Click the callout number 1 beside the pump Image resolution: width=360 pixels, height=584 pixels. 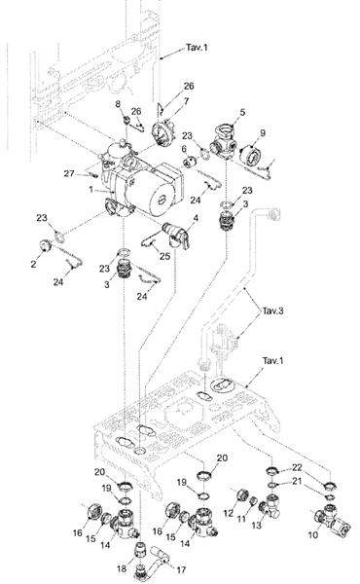coord(90,189)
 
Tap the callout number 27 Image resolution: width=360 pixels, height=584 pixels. coord(69,173)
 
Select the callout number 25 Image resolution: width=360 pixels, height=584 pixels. coord(165,256)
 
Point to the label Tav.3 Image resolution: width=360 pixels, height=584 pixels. coord(272,310)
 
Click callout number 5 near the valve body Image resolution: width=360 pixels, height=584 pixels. coord(242,112)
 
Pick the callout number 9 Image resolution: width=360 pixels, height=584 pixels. coord(263,133)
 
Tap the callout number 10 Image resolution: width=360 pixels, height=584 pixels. coord(313,534)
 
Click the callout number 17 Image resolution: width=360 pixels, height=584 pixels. coord(181,569)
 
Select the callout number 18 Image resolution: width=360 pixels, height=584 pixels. coord(122,569)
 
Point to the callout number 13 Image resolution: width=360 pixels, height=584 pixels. coord(257,526)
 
